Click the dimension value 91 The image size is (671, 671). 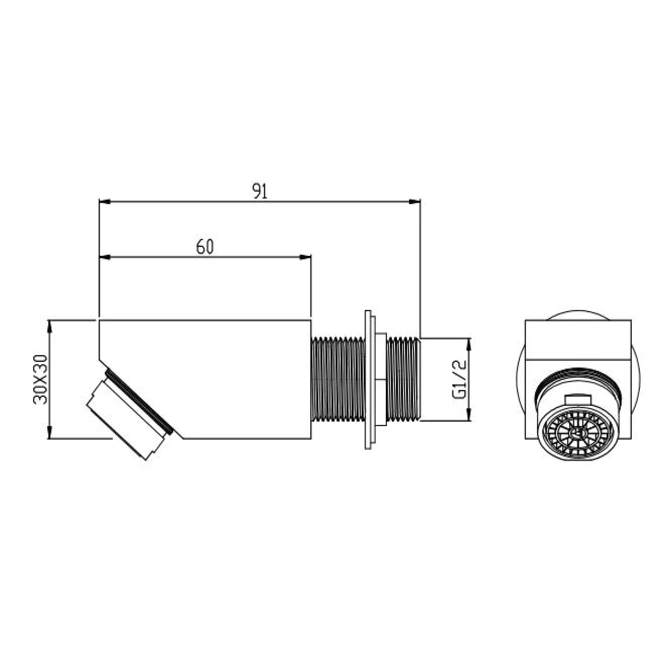[260, 191]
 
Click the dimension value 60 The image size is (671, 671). [205, 247]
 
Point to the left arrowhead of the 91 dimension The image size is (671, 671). [105, 201]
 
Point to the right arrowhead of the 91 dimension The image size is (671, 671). [415, 201]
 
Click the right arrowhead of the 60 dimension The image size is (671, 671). [305, 257]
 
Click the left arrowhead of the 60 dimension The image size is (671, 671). [105, 257]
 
